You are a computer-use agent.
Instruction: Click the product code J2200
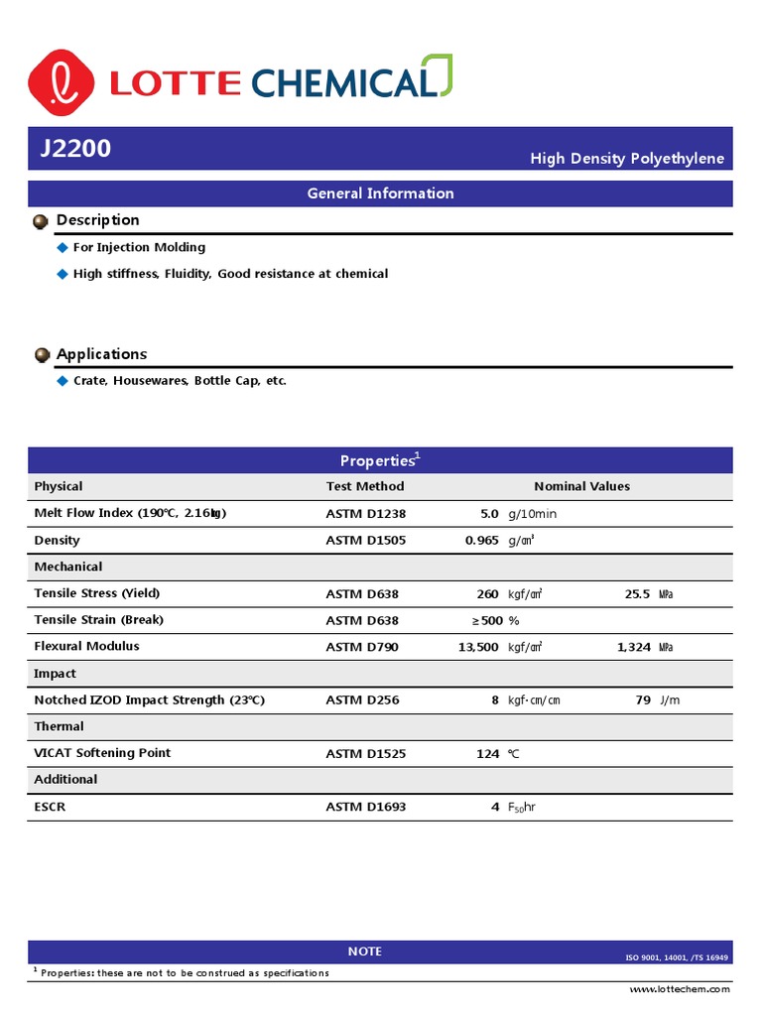pyautogui.click(x=75, y=149)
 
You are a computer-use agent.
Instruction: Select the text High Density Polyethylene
pyautogui.click(x=626, y=159)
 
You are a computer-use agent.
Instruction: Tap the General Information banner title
pyautogui.click(x=380, y=193)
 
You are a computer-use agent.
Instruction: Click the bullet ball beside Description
pyautogui.click(x=41, y=220)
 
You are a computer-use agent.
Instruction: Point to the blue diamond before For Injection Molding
pyautogui.click(x=63, y=247)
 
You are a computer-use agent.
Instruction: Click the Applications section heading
pyautogui.click(x=101, y=354)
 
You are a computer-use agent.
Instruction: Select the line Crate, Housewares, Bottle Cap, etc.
pyautogui.click(x=180, y=381)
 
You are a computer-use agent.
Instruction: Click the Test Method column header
pyautogui.click(x=365, y=486)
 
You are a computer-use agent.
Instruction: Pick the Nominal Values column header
pyautogui.click(x=581, y=486)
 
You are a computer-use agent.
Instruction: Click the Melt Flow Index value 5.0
pyautogui.click(x=489, y=514)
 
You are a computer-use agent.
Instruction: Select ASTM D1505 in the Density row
pyautogui.click(x=366, y=541)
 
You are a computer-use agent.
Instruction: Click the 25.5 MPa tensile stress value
pyautogui.click(x=648, y=593)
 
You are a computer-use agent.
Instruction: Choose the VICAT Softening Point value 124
pyautogui.click(x=487, y=753)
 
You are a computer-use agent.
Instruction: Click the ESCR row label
pyautogui.click(x=50, y=807)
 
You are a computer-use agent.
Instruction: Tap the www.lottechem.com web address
pyautogui.click(x=680, y=989)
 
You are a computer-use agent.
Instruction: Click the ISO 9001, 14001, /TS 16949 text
pyautogui.click(x=676, y=957)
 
